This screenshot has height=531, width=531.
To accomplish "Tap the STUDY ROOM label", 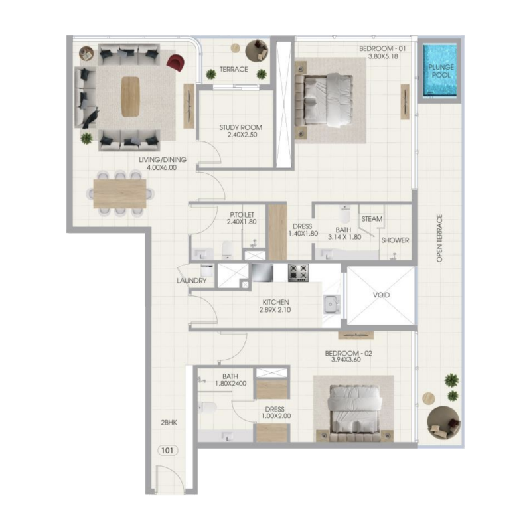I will pyautogui.click(x=240, y=127).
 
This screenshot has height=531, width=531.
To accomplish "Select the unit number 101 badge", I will pyautogui.click(x=168, y=451).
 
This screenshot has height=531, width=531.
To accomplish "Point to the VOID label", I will pyautogui.click(x=381, y=295).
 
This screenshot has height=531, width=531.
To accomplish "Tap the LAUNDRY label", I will pyautogui.click(x=191, y=281).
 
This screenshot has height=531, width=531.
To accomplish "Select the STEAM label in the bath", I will pyautogui.click(x=372, y=219).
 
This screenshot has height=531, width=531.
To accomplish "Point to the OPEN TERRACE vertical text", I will pyautogui.click(x=439, y=238).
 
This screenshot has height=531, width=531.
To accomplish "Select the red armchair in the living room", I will pyautogui.click(x=175, y=63).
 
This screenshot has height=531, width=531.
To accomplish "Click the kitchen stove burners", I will pyautogui.click(x=298, y=272).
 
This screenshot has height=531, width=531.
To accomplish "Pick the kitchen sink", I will pyautogui.click(x=331, y=305).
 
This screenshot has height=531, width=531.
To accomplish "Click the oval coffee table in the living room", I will pyautogui.click(x=130, y=97).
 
